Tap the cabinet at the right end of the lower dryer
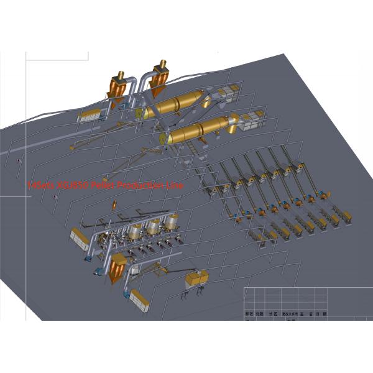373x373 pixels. point(251,122)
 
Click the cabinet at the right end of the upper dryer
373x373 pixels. point(231,93)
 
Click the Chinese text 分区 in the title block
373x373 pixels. point(270,315)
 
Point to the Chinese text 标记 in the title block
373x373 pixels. point(248,315)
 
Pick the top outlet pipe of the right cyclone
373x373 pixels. point(163,64)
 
